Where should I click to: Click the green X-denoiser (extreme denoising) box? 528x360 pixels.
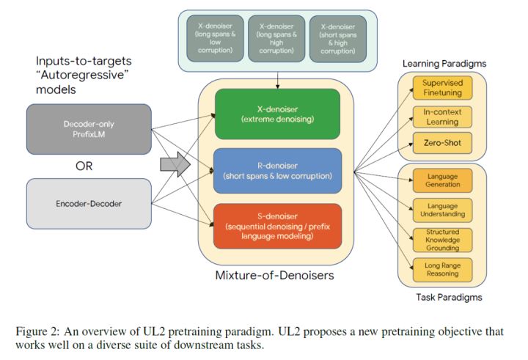tap(276, 114)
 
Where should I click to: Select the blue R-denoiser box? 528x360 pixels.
tap(276, 170)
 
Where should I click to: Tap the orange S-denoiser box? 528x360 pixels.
tap(276, 226)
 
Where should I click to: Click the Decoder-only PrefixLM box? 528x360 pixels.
tap(89, 129)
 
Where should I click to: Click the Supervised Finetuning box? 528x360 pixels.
tap(442, 88)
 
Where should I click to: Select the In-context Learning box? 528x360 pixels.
tap(442, 116)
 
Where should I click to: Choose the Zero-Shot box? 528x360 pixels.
tap(442, 142)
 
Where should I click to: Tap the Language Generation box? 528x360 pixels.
tap(442, 180)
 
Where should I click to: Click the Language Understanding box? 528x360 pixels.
tap(442, 210)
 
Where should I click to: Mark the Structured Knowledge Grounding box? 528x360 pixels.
tap(442, 240)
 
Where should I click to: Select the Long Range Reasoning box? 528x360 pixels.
tap(442, 269)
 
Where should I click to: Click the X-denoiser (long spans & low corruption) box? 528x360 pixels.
tap(214, 37)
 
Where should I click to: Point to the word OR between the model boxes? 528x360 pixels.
tap(84, 166)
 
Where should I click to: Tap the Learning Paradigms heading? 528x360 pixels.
tap(444, 64)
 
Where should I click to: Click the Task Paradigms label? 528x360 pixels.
tap(444, 298)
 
